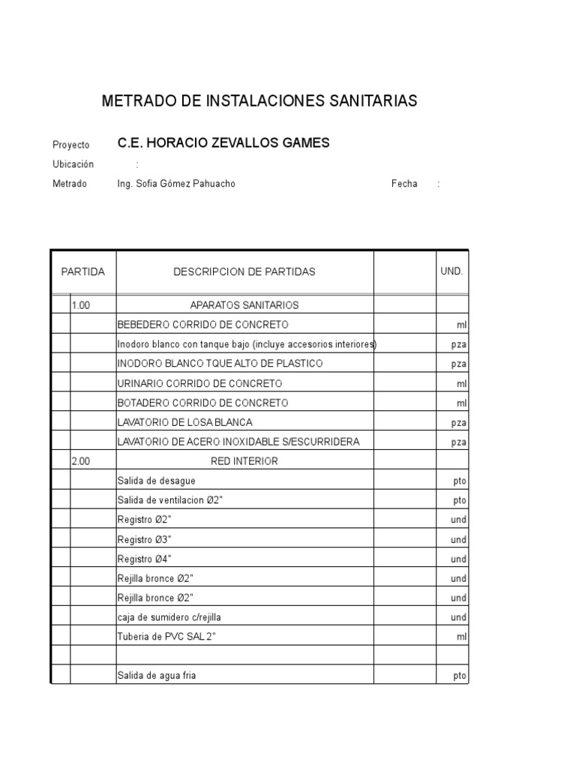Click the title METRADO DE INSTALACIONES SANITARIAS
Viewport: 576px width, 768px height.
tap(259, 101)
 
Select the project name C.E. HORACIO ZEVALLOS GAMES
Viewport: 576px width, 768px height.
tap(223, 143)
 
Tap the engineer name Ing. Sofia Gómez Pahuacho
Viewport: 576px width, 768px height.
tap(176, 184)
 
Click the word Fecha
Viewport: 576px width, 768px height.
tap(404, 184)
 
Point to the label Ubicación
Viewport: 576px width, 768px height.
tap(73, 164)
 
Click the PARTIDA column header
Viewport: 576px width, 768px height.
tap(83, 271)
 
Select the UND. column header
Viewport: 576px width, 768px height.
tap(451, 271)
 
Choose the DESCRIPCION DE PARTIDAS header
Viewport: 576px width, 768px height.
tap(244, 271)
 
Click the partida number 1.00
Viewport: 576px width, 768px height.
tap(81, 305)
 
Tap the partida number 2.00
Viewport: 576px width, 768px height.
tap(81, 461)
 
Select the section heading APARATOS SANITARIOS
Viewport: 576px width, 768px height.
tap(244, 305)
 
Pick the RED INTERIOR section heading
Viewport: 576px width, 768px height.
tap(244, 461)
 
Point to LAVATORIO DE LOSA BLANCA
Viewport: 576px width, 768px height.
tap(184, 422)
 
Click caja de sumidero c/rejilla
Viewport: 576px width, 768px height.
tap(169, 617)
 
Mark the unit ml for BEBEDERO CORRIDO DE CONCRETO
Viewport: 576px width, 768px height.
tap(461, 325)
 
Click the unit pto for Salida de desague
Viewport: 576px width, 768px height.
tap(460, 481)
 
